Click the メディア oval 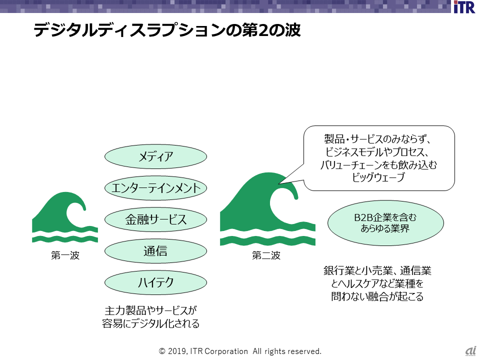(155, 157)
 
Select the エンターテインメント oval (155, 188)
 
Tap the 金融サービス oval (155, 219)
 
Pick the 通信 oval (155, 251)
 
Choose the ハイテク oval (155, 282)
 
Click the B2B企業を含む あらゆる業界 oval (385, 223)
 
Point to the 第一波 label (65, 256)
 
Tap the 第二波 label (266, 256)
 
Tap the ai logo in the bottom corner (470, 351)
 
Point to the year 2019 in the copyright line (176, 351)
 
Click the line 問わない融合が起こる (377, 296)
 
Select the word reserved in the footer (302, 351)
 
